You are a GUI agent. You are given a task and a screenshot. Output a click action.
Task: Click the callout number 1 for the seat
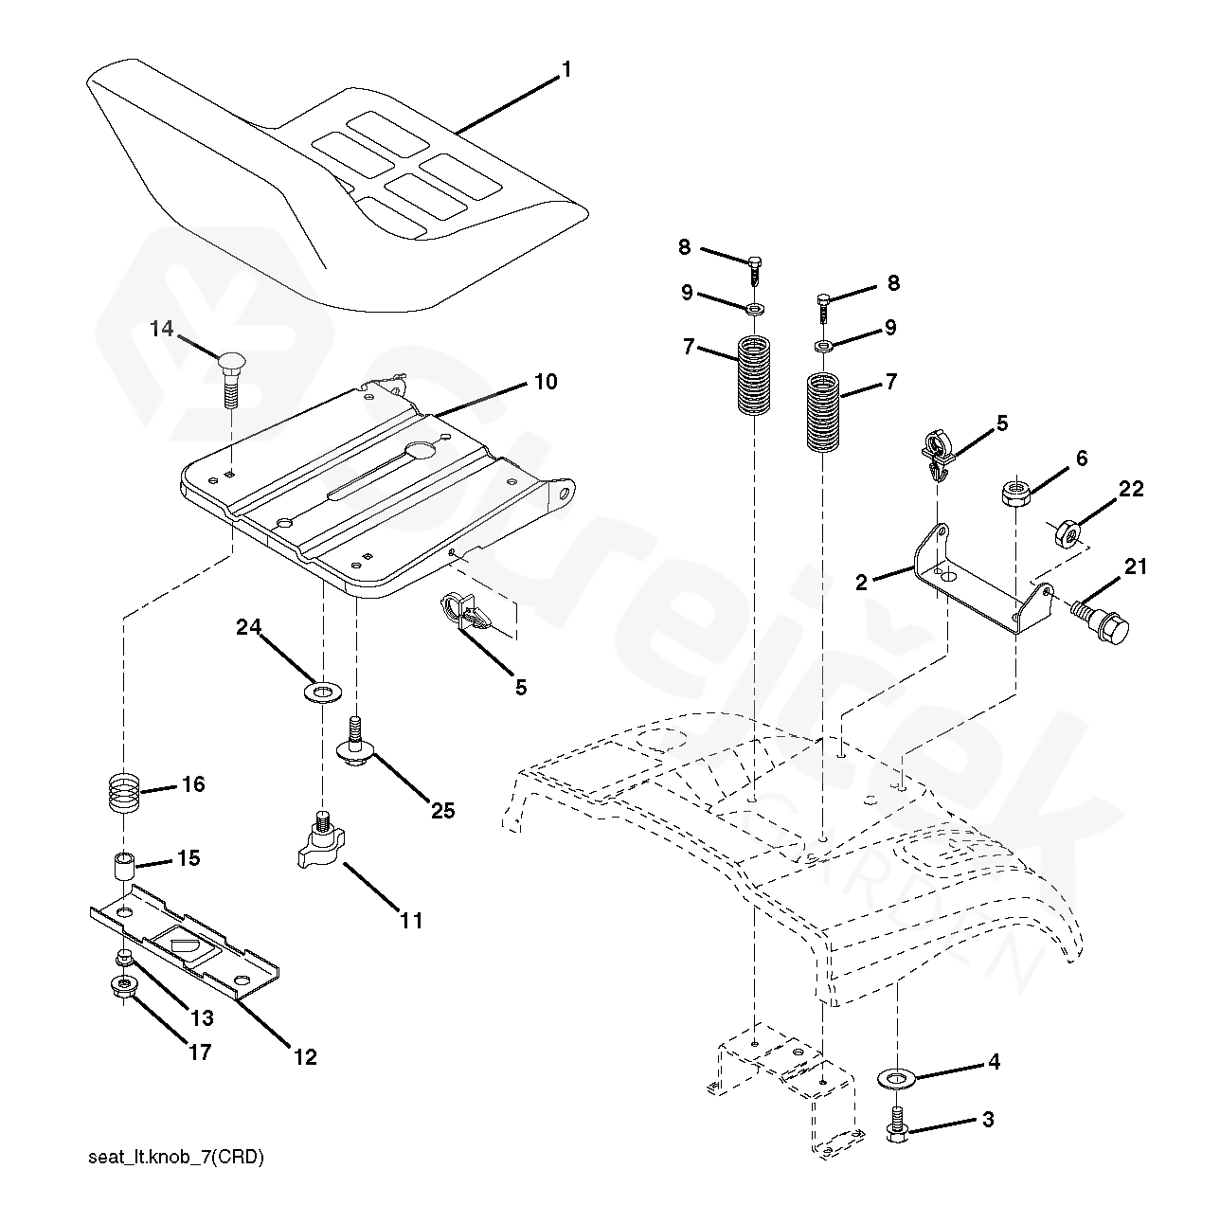tap(565, 69)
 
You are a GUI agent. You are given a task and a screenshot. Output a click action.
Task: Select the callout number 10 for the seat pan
tap(545, 382)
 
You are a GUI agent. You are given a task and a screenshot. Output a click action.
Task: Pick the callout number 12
tap(304, 1056)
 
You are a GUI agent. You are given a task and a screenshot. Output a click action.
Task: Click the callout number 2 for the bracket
tap(861, 582)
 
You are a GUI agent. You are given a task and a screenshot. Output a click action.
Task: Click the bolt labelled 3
tap(896, 1127)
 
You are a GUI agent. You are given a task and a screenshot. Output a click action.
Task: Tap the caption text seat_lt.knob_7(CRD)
tap(175, 1157)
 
